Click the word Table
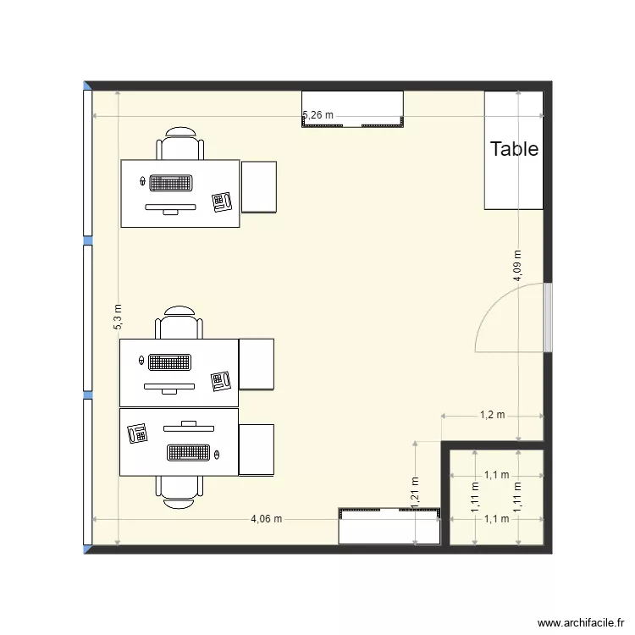coord(514,149)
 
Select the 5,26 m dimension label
coord(318,115)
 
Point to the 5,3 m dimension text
coord(118,316)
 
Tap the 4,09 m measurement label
coord(516,265)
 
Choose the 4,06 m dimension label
coord(266,519)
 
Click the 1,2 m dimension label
coord(492,415)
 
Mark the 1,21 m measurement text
coord(415,500)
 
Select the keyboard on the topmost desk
coord(171,182)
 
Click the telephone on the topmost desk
coord(224,202)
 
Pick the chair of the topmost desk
coord(180,144)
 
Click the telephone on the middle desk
coord(222,380)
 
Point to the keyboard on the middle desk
coord(171,362)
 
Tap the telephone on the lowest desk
coord(137,433)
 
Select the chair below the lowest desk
coord(179,490)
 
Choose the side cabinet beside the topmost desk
coord(259,186)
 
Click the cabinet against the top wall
coord(352,108)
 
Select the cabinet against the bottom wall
coord(389,526)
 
